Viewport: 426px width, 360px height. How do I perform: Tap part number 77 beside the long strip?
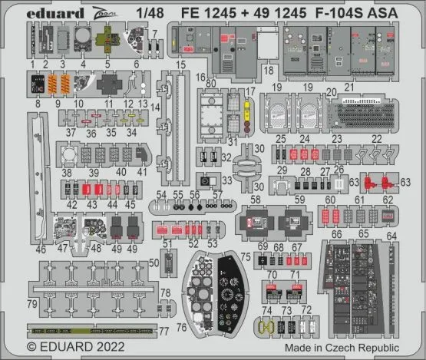165,331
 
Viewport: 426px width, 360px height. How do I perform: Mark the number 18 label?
268,70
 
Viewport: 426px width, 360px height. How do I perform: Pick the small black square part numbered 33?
207,181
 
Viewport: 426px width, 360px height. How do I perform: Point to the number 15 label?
180,65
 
